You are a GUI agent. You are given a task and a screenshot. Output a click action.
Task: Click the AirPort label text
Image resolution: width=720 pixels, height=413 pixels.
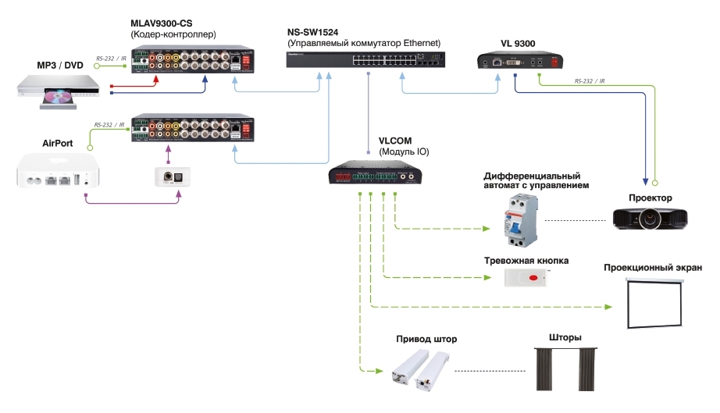(57, 144)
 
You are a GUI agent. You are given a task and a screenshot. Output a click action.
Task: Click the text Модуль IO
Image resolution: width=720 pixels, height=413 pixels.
(405, 151)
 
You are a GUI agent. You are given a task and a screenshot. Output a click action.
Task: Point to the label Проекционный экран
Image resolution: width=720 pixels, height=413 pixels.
(653, 269)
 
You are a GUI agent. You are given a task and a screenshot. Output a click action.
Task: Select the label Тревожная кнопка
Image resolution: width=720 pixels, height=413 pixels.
(526, 260)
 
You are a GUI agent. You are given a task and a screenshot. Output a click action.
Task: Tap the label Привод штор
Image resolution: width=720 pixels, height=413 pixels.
(426, 340)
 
